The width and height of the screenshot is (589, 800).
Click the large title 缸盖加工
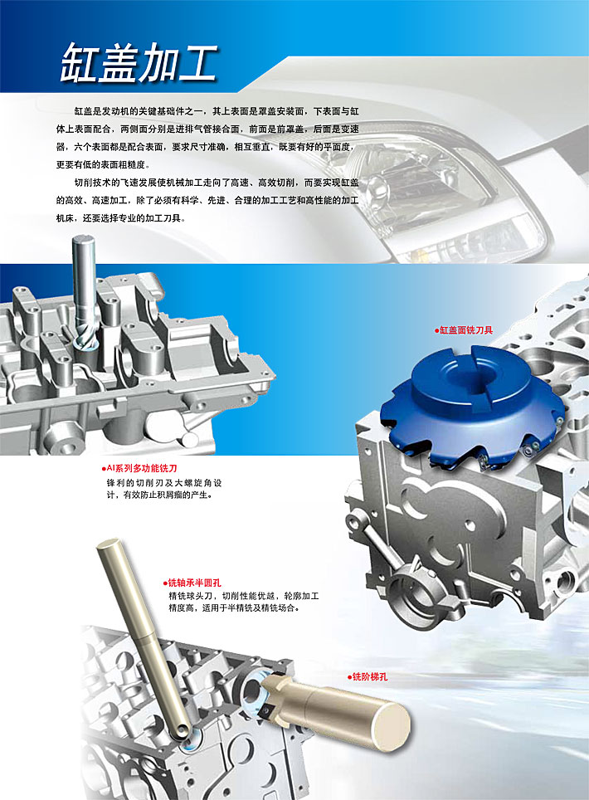(139, 63)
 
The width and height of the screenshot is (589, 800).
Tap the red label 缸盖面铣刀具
(464, 330)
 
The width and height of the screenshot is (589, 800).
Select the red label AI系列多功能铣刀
(139, 468)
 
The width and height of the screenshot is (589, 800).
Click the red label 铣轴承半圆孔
(192, 583)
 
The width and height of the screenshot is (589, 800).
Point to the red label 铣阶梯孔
(368, 677)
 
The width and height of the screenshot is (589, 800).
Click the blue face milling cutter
(473, 404)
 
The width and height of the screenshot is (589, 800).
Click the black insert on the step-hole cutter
(266, 710)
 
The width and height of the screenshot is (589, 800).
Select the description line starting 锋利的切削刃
(163, 483)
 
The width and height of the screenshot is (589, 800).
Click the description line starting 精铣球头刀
(244, 595)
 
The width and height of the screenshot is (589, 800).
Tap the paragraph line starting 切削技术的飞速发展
(217, 183)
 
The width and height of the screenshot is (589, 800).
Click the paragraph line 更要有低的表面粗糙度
(103, 165)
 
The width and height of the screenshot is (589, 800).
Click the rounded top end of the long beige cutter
(109, 544)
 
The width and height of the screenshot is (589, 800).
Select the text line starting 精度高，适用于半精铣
(234, 607)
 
